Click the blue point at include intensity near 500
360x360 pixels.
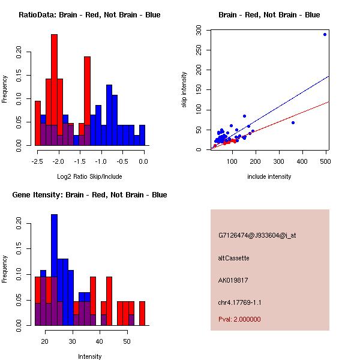[325, 34]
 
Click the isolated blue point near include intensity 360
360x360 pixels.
[293, 122]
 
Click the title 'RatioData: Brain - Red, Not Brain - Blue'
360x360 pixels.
[89, 15]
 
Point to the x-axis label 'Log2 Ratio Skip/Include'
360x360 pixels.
[89, 176]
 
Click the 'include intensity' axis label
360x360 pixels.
[269, 176]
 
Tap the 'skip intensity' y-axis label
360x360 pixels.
[185, 89]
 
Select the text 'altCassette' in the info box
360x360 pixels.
[233, 258]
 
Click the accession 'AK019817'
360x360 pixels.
[233, 280]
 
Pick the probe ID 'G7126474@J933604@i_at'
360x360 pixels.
[257, 235]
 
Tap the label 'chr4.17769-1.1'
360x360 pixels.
[240, 302]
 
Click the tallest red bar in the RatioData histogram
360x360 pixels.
[54, 90]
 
